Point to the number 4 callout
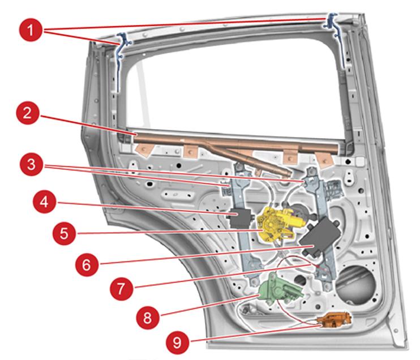(46, 202)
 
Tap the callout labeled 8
(148, 316)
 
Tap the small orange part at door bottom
(335, 321)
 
